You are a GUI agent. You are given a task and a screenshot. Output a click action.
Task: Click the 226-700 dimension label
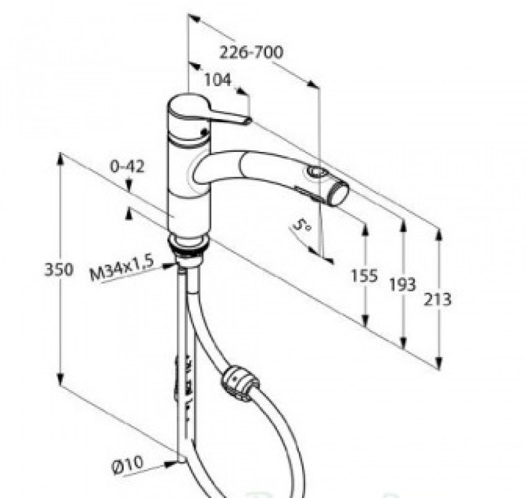[x=251, y=53]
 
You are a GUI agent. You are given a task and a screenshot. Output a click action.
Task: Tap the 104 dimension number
[x=218, y=80]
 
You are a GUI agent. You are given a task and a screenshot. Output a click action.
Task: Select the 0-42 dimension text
[x=127, y=167]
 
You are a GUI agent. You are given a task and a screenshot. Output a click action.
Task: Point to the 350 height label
[x=58, y=270]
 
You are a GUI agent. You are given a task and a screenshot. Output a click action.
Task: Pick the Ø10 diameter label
[x=128, y=465]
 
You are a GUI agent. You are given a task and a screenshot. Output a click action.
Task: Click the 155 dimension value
[x=364, y=276]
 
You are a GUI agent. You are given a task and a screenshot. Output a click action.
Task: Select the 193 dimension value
[x=403, y=284]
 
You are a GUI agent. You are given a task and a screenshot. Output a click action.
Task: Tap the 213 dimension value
[x=437, y=299]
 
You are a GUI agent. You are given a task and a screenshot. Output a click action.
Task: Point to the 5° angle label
[x=302, y=224]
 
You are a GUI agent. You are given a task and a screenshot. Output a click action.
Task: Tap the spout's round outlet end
[x=340, y=192]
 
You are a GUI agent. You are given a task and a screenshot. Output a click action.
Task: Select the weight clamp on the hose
[x=240, y=383]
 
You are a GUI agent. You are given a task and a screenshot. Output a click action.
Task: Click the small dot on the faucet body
[x=204, y=133]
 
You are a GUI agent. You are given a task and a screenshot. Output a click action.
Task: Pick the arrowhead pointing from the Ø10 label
[x=170, y=464]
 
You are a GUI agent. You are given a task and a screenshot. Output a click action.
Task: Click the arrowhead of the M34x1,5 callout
[x=168, y=266]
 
